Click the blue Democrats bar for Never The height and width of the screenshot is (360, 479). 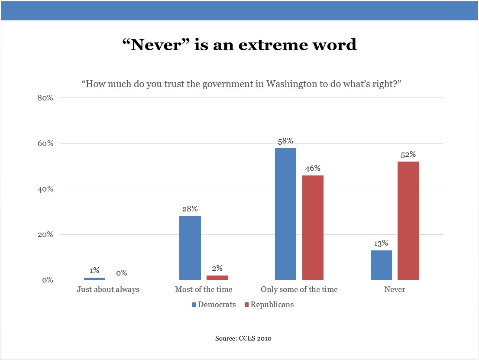(381, 265)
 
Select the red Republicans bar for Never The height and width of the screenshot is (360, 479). (408, 221)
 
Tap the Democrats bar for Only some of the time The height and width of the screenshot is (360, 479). (285, 214)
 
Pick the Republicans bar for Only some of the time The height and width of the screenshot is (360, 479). (313, 227)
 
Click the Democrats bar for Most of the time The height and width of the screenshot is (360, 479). (190, 248)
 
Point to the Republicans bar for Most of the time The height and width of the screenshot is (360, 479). (217, 278)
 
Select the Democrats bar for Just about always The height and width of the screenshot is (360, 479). (94, 279)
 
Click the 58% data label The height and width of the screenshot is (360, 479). (285, 141)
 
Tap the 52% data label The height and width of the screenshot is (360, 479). (408, 155)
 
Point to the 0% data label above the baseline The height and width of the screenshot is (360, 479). (122, 273)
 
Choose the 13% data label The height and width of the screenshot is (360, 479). (381, 243)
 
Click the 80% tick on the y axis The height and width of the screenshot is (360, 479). (45, 98)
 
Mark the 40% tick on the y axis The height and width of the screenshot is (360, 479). (45, 189)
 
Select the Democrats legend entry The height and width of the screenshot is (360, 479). (214, 305)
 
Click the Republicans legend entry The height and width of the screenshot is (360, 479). (269, 305)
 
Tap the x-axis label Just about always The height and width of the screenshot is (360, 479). (108, 289)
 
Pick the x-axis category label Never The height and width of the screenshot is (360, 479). (395, 289)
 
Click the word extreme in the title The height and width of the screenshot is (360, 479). (271, 45)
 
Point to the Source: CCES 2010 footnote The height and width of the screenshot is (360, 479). (243, 338)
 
